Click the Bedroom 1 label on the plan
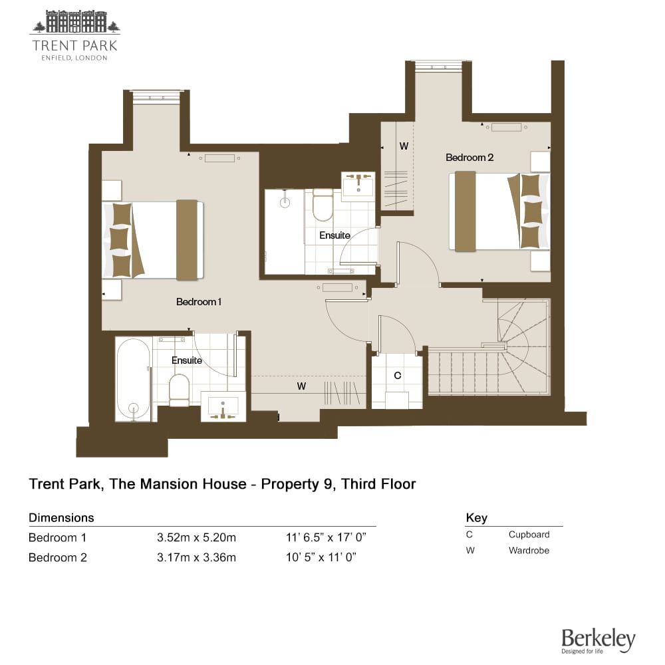pyautogui.click(x=198, y=302)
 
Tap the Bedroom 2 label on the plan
pyautogui.click(x=469, y=158)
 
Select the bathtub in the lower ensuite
pyautogui.click(x=133, y=380)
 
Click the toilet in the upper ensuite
pyautogui.click(x=323, y=204)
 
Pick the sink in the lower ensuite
pyautogui.click(x=223, y=407)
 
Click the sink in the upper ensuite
pyautogui.click(x=358, y=184)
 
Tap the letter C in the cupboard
pyautogui.click(x=398, y=376)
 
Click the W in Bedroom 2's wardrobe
pyautogui.click(x=404, y=146)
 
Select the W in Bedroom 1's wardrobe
pyautogui.click(x=301, y=386)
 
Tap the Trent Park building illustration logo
pyautogui.click(x=74, y=21)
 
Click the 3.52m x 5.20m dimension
pyautogui.click(x=196, y=538)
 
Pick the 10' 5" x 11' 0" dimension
pyautogui.click(x=321, y=557)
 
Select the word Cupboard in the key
pyautogui.click(x=529, y=535)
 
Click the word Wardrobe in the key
pyautogui.click(x=529, y=551)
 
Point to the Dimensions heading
pyautogui.click(x=61, y=518)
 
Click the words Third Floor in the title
pyautogui.click(x=379, y=484)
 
